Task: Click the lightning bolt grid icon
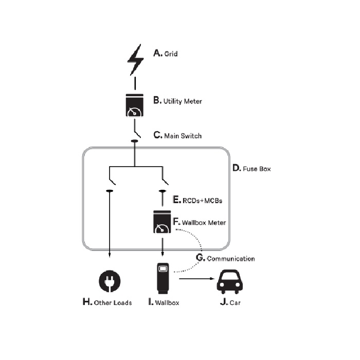point(135,60)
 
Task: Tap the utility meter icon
point(135,105)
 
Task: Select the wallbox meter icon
point(162,222)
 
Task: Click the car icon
point(229,282)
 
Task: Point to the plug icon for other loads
point(110,281)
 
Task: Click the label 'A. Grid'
point(166,53)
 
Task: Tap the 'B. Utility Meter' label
point(178,101)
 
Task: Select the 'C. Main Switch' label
point(177,135)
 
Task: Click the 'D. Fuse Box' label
point(251,168)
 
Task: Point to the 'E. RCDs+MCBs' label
point(197,200)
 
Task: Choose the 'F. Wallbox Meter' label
point(200,222)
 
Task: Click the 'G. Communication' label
point(225,258)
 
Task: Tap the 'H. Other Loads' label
point(107,302)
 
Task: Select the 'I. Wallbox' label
point(164,302)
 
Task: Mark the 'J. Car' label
point(230,302)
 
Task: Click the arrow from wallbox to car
point(196,279)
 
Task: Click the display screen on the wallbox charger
point(163,268)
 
